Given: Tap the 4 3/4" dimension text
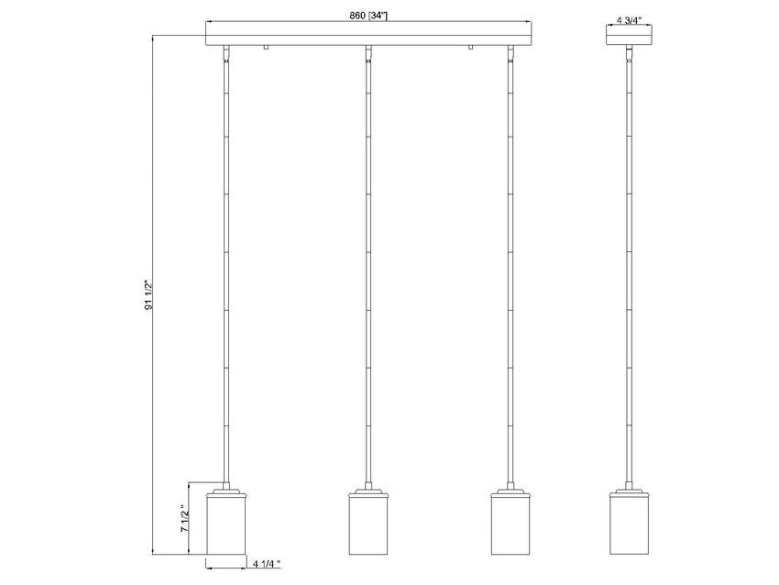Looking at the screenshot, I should click(629, 17).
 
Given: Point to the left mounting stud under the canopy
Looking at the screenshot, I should click(264, 48).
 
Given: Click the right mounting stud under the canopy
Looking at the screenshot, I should click(470, 48).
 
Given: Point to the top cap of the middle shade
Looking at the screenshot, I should click(368, 492).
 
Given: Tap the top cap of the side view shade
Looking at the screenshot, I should click(629, 492).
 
